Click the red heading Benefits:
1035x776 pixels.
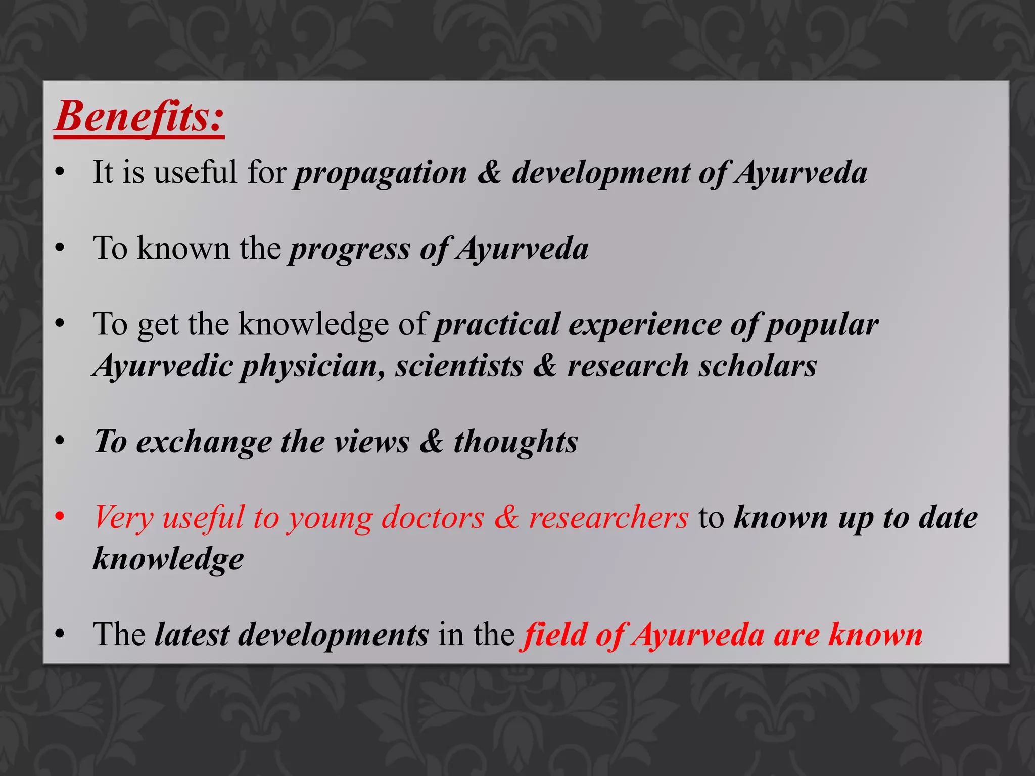pos(139,117)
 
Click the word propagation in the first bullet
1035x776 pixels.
pos(381,173)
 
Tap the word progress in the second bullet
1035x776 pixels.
pos(349,249)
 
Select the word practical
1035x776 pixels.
pos(497,324)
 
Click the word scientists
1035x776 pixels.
pos(459,366)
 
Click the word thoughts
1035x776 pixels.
pos(515,442)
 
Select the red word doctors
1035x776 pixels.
pos(433,518)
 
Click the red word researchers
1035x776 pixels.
pos(608,518)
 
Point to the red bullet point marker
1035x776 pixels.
pos(60,517)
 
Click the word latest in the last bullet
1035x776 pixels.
pos(192,635)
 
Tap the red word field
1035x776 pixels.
pos(554,635)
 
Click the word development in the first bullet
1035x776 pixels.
pos(601,173)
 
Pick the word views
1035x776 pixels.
pos(372,442)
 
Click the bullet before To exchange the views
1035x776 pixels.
pos(60,442)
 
